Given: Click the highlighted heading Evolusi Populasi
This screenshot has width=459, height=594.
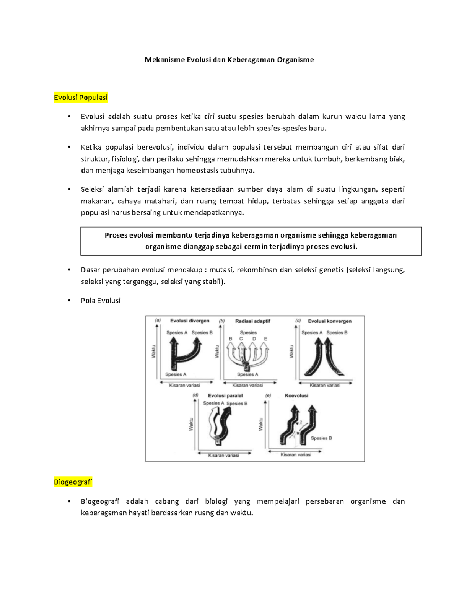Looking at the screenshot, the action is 81,98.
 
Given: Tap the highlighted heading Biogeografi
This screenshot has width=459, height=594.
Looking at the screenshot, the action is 73,482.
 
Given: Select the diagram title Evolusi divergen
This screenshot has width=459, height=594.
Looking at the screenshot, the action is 190,321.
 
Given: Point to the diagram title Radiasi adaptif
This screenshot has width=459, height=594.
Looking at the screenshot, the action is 252,321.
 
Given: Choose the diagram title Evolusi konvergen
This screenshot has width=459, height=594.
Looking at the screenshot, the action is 330,321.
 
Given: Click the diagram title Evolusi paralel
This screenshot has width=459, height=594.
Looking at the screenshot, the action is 225,395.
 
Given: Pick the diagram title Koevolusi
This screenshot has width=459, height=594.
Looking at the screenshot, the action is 296,395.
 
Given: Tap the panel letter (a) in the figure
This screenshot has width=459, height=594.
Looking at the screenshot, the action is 158,321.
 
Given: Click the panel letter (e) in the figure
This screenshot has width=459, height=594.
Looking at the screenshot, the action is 268,395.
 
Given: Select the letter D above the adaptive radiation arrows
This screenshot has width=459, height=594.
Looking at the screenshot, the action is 254,338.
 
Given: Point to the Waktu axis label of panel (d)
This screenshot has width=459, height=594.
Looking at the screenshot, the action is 191,424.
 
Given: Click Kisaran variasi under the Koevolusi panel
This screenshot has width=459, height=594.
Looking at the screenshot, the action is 296,455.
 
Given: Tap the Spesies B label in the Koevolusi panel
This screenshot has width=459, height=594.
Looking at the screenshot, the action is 321,438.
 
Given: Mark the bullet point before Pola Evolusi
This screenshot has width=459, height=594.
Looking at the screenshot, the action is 69,300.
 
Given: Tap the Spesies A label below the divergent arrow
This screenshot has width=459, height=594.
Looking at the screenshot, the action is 176,374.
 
